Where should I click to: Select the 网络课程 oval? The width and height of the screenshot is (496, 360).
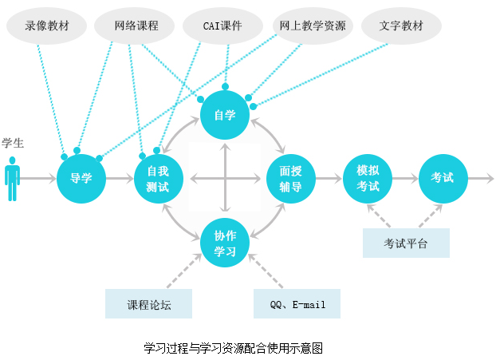point(136,26)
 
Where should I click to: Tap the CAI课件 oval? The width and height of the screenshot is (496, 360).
point(223,26)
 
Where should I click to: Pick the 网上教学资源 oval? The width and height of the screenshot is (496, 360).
point(313,26)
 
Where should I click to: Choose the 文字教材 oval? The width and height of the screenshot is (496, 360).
point(403,26)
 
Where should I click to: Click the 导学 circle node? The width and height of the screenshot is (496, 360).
point(81,178)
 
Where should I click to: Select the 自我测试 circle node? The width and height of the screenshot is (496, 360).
point(158,178)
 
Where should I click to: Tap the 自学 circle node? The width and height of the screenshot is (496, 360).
point(225,115)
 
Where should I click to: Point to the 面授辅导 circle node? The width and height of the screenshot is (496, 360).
point(290,178)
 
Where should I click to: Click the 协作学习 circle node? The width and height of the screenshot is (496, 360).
point(225,243)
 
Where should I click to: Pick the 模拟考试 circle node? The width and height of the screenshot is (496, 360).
point(368,178)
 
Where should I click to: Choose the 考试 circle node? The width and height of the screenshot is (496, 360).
point(443,178)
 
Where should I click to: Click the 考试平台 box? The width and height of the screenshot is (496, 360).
point(406,243)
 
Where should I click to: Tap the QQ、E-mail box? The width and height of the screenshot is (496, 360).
point(297,304)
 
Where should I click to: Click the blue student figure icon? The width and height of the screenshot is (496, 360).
point(13,179)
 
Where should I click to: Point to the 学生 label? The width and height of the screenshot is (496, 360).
point(13,144)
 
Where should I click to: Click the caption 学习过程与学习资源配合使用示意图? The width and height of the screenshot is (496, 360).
point(233,349)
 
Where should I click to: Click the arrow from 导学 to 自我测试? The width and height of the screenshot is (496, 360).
point(120,178)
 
